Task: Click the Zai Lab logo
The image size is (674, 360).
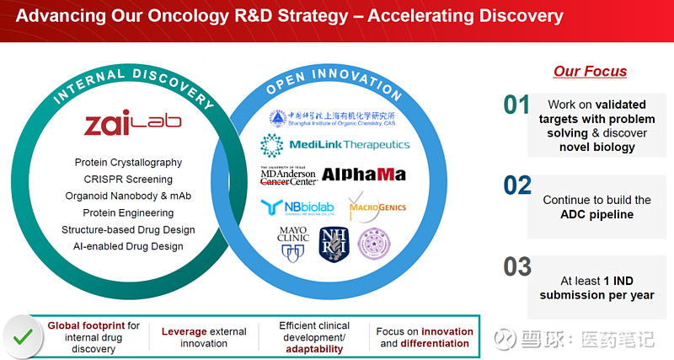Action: pos(132,124)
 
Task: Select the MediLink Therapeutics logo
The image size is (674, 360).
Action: pos(334,145)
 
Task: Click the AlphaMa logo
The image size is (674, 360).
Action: pos(363,175)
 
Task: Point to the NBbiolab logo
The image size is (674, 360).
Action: pos(297,207)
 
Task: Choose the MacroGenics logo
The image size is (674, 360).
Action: pos(377,207)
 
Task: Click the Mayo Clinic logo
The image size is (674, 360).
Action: pos(292,243)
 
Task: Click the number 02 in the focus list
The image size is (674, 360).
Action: pos(517,185)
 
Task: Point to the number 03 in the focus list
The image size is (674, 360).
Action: pos(517,266)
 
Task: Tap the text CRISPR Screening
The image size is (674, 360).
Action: pos(128,179)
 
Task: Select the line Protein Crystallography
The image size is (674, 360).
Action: pos(128,162)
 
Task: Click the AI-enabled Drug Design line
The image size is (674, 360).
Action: pos(128,246)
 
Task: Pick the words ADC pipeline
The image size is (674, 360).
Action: pos(596,214)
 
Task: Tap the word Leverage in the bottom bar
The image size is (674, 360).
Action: pos(185,331)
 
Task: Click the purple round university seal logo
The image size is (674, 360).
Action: pos(373,243)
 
